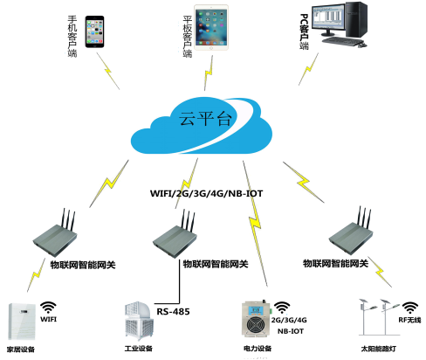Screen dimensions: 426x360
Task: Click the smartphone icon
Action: (x=94, y=31)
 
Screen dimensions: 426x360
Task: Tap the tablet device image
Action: (x=211, y=27)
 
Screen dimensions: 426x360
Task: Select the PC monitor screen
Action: (x=328, y=18)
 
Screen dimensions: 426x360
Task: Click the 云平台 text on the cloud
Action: (x=205, y=119)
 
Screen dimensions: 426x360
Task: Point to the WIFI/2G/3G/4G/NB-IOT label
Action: (x=206, y=193)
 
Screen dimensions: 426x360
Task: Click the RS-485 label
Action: (x=173, y=312)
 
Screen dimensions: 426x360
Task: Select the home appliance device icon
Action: (x=22, y=322)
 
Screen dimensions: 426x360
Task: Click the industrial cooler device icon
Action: (x=139, y=322)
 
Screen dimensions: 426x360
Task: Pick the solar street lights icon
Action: (x=379, y=317)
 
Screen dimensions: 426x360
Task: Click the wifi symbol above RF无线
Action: (x=410, y=308)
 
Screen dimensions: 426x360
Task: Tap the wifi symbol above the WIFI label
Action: (x=48, y=308)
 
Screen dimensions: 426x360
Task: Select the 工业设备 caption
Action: (x=139, y=349)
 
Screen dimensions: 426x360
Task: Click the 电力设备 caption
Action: (x=258, y=349)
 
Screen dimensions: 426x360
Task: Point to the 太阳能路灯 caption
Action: (x=379, y=349)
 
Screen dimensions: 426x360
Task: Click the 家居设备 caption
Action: (x=21, y=350)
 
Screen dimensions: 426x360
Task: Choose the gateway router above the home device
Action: (x=55, y=232)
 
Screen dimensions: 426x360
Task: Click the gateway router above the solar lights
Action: (x=351, y=231)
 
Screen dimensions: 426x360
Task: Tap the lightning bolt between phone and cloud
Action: (x=108, y=71)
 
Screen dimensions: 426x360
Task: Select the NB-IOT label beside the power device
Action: (x=291, y=331)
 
